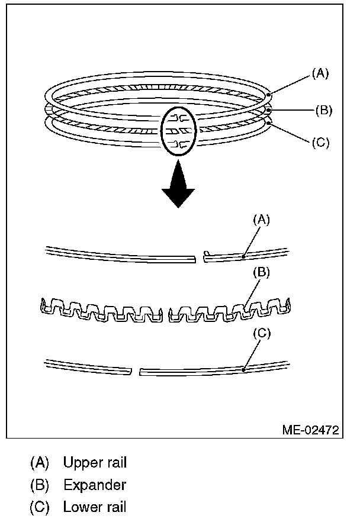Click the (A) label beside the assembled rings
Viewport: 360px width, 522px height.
point(320,74)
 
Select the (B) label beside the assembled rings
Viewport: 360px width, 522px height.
point(324,109)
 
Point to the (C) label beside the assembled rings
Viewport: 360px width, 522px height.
point(320,143)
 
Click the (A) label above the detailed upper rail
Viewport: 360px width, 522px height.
point(262,220)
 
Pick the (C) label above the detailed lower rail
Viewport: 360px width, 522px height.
point(262,333)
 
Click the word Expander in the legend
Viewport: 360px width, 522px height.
point(95,485)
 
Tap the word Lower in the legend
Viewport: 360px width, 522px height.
point(79,507)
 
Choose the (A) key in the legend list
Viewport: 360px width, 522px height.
point(40,462)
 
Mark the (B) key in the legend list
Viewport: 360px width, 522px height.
point(40,485)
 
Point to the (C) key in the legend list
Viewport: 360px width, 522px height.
point(40,507)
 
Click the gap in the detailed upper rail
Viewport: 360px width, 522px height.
point(200,257)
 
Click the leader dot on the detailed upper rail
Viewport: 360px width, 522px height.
point(245,257)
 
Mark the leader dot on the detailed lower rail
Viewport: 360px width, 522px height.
point(244,370)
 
